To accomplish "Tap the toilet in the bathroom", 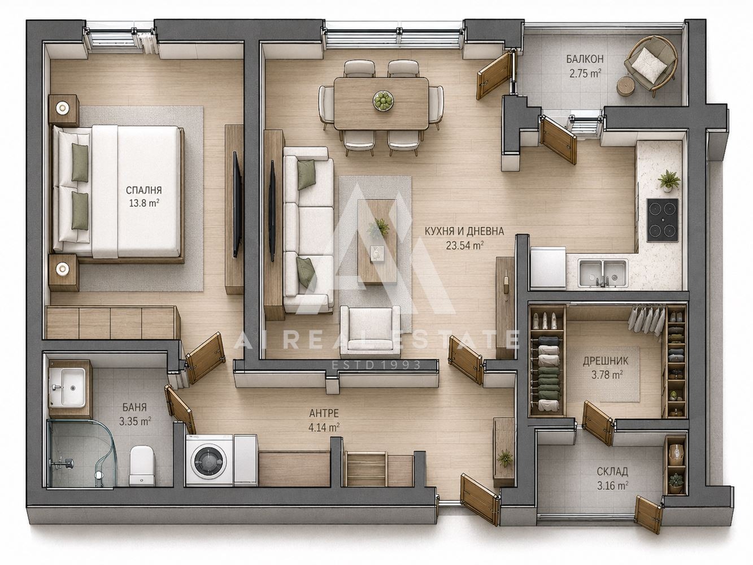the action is click(142, 465).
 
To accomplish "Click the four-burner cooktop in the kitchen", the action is click(663, 220).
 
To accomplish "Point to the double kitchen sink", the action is click(603, 273).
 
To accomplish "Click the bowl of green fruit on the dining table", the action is click(383, 101).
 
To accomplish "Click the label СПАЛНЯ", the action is click(143, 190).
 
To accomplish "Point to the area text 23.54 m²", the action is click(464, 245).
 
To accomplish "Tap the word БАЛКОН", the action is click(585, 59).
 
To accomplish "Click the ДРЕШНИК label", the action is click(606, 361).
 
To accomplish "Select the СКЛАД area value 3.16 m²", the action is click(612, 485).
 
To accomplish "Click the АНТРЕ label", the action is click(324, 413).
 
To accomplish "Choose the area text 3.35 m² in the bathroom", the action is click(135, 421).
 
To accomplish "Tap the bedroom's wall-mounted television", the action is click(237, 204).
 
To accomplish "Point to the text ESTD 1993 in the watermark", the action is click(376, 364).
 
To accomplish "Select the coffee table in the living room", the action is click(377, 242).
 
